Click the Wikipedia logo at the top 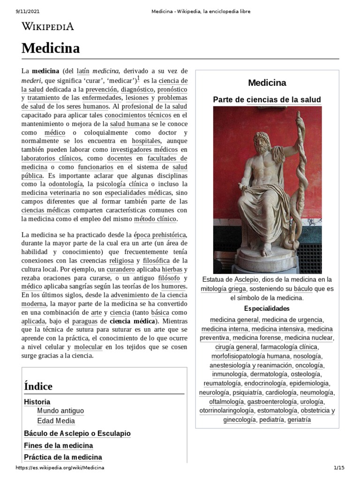pyautogui.click(x=48, y=26)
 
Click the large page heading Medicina pyautogui.click(x=51, y=48)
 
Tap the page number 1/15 pyautogui.click(x=338, y=468)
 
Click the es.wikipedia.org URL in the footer pyautogui.click(x=60, y=468)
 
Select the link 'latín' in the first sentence pyautogui.click(x=83, y=71)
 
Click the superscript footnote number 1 pyautogui.click(x=139, y=79)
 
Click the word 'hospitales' pyautogui.click(x=146, y=140)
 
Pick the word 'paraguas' pyautogui.click(x=86, y=321)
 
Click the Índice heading pyautogui.click(x=38, y=386)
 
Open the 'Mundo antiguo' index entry pyautogui.click(x=60, y=411)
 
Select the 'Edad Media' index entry pyautogui.click(x=56, y=421)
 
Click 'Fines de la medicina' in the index pyautogui.click(x=58, y=445)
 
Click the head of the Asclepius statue pyautogui.click(x=261, y=143)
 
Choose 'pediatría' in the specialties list pyautogui.click(x=271, y=420)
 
